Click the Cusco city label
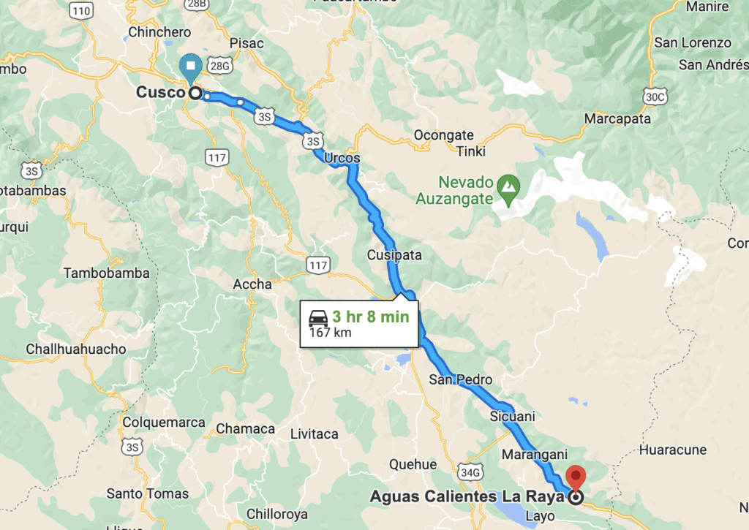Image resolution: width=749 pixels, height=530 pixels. [x=160, y=94]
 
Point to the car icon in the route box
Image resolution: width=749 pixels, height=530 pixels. [x=318, y=318]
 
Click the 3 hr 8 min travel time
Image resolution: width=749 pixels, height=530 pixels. [x=371, y=317]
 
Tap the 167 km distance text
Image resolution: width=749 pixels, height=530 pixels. [x=330, y=333]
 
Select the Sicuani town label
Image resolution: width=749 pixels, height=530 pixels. [x=513, y=417]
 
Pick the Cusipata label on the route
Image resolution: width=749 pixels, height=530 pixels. [x=395, y=255]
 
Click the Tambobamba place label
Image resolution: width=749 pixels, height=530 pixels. [x=107, y=273]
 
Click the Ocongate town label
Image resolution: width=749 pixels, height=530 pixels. [x=444, y=135]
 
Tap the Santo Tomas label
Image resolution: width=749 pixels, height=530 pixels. [x=148, y=493]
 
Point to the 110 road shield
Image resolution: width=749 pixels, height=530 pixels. [x=83, y=10]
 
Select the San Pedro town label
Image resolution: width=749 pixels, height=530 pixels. [x=461, y=379]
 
